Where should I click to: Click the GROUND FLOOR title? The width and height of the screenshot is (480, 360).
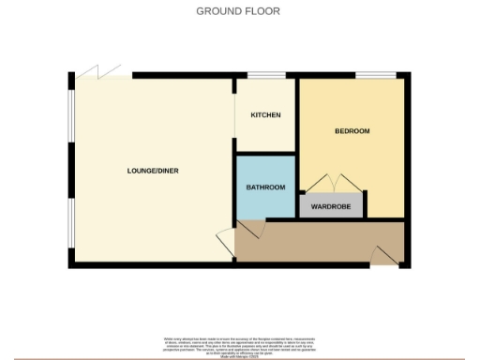click(x=238, y=11)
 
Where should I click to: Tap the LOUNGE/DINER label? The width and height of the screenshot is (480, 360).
click(x=153, y=171)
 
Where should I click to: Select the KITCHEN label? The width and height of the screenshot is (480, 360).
click(x=265, y=115)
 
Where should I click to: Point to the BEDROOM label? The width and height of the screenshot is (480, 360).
click(x=352, y=131)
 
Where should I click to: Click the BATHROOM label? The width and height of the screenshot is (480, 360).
click(x=265, y=187)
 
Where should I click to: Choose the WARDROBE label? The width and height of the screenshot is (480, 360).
click(x=330, y=206)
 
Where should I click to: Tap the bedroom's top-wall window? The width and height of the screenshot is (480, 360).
click(x=373, y=75)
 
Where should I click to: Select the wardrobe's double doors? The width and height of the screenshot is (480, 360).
click(x=330, y=183)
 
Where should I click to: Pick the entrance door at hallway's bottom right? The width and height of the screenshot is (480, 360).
click(x=385, y=254)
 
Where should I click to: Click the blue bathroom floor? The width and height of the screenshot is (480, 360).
click(x=265, y=202)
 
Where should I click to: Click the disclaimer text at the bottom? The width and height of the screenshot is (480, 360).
click(x=239, y=343)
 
